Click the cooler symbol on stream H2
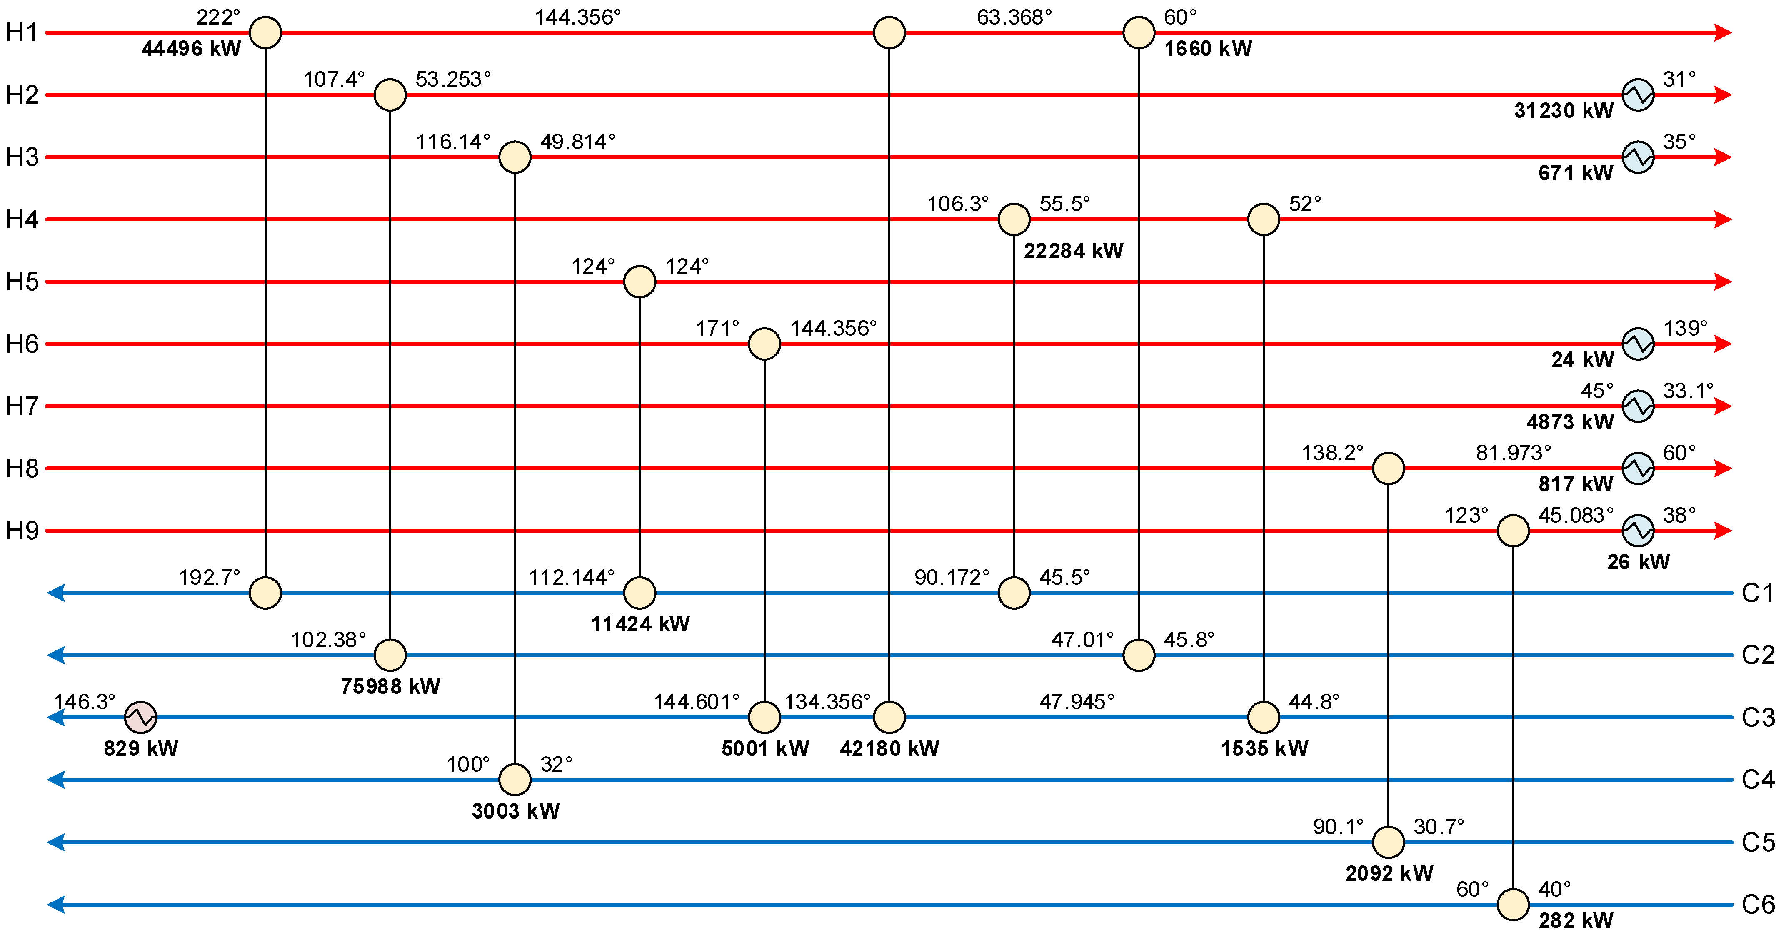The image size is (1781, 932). coord(1638,95)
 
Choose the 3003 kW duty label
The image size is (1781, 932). coord(515,810)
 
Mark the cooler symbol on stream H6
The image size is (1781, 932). coord(1638,344)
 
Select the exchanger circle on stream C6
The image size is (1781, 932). coord(1513,905)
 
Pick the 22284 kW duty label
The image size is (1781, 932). coord(1073,251)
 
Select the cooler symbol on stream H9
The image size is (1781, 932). coord(1638,531)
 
